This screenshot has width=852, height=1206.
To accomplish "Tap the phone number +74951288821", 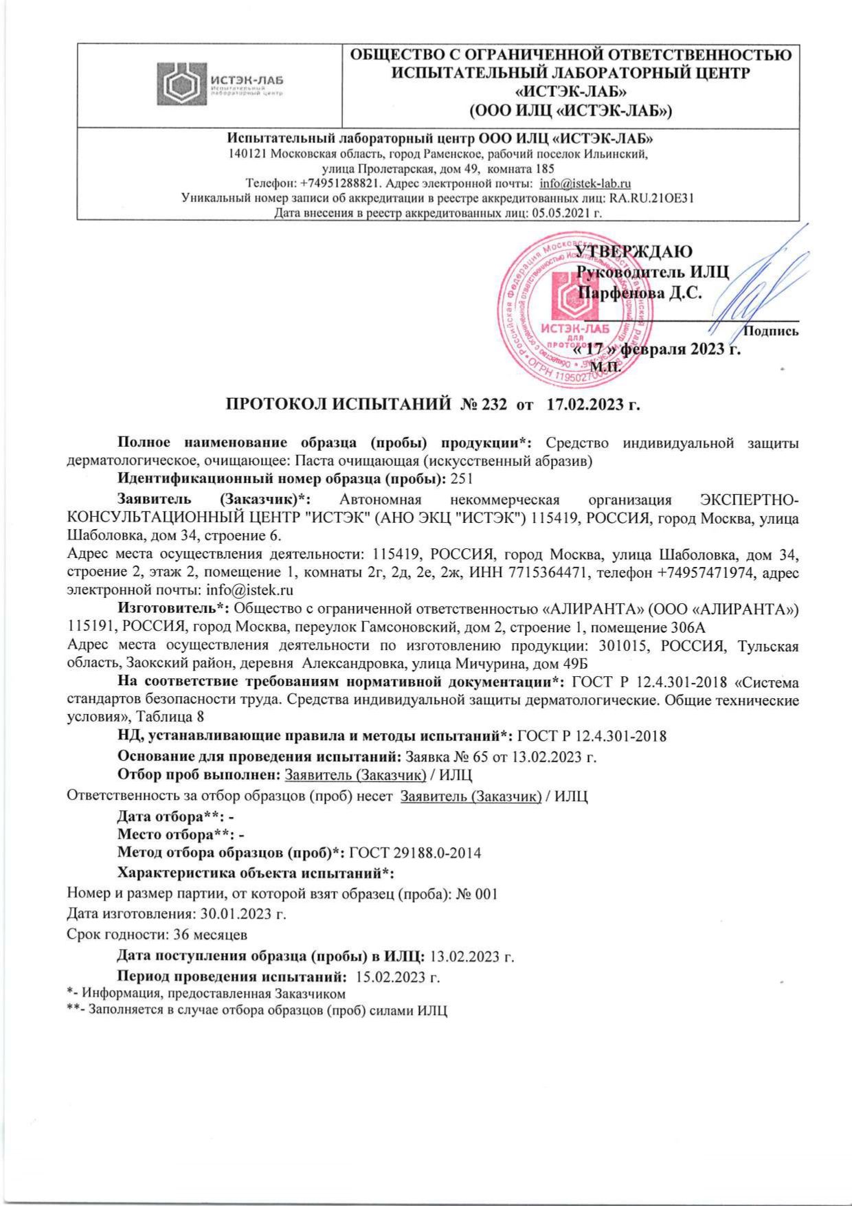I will (x=341, y=183).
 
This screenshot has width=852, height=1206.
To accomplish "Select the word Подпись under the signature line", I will (x=772, y=331).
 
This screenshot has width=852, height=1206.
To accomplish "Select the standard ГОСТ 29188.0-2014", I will (x=415, y=853).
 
